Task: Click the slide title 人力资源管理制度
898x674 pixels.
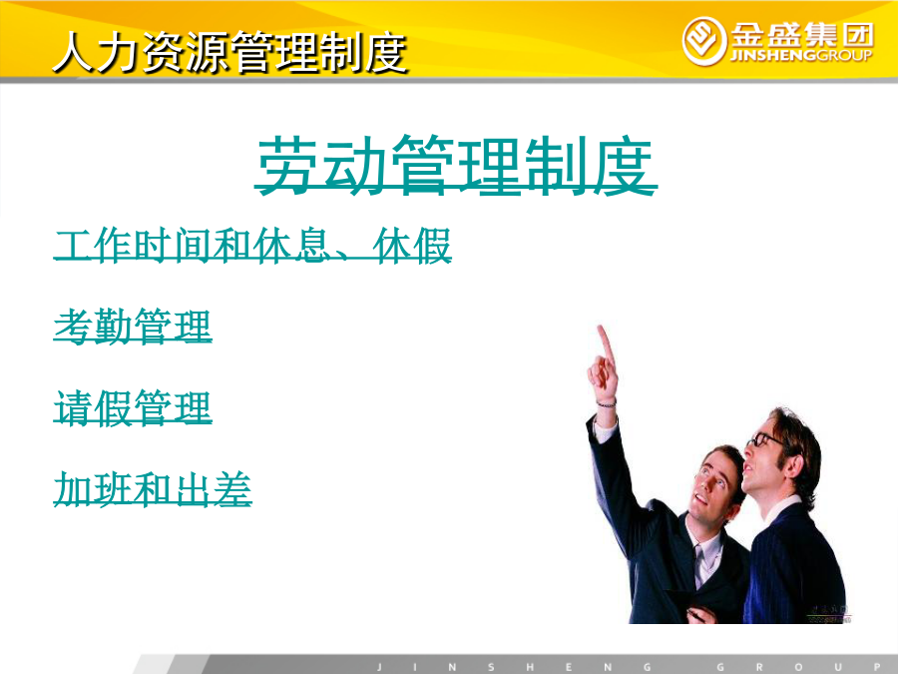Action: (x=229, y=52)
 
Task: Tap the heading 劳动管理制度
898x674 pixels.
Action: (x=456, y=165)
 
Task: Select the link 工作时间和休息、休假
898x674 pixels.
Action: (x=252, y=246)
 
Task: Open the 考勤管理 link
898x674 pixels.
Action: (x=133, y=327)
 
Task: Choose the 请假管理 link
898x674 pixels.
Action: (x=133, y=407)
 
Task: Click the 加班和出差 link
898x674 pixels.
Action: (x=153, y=489)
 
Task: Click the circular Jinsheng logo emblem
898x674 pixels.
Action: (x=703, y=41)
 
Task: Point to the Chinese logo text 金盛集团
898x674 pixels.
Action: (x=802, y=35)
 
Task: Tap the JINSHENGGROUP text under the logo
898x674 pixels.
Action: (x=801, y=55)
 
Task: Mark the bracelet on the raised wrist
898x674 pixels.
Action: (x=606, y=404)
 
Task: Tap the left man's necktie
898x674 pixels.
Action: (x=699, y=566)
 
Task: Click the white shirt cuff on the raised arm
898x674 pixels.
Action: (x=605, y=428)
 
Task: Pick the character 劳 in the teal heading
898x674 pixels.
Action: (x=288, y=165)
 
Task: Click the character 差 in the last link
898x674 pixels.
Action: (x=231, y=489)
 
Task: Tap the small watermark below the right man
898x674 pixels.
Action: (x=828, y=614)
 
